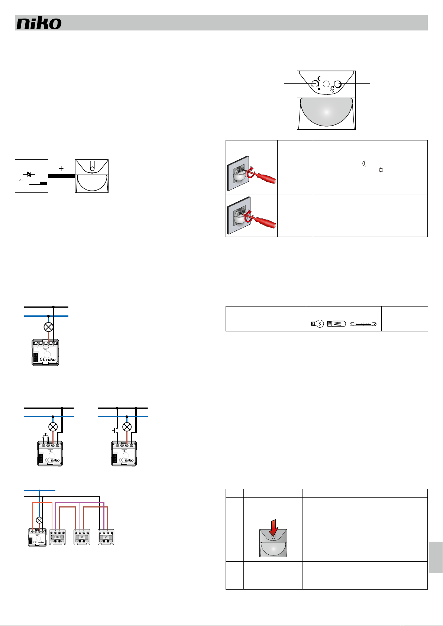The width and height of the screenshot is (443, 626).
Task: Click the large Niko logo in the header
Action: pyautogui.click(x=39, y=23)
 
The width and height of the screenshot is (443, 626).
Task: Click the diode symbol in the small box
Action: pyautogui.click(x=29, y=174)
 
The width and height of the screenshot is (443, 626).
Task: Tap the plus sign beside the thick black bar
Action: pyautogui.click(x=61, y=168)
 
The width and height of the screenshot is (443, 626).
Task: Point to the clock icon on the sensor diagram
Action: pyautogui.click(x=332, y=90)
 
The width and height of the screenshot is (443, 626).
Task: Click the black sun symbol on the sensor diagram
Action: pyautogui.click(x=319, y=89)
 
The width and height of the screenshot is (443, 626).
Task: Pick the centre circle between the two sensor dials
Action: pyautogui.click(x=326, y=84)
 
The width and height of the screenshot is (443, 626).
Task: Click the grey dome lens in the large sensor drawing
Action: pyautogui.click(x=326, y=111)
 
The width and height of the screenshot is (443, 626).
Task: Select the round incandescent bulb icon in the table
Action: pyautogui.click(x=317, y=324)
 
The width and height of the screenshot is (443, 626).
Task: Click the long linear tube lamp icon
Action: pyautogui.click(x=363, y=324)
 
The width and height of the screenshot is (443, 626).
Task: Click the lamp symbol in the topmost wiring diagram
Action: pyautogui.click(x=48, y=327)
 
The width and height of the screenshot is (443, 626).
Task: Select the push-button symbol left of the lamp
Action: pyautogui.click(x=114, y=430)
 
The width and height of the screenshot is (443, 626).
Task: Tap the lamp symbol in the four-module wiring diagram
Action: pyautogui.click(x=39, y=520)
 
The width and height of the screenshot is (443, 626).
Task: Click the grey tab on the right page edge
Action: pyautogui.click(x=435, y=557)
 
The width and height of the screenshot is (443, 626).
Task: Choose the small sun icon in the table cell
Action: pyautogui.click(x=380, y=170)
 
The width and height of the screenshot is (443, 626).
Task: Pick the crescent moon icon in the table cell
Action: pyautogui.click(x=365, y=163)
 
